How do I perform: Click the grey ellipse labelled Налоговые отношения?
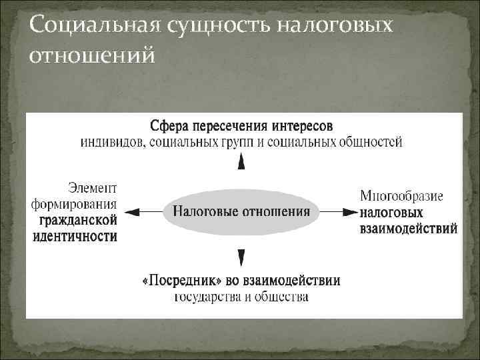coord(241,212)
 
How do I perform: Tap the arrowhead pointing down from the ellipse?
coord(241,258)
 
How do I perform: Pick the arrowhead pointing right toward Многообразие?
coord(350,212)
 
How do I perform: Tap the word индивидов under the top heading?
coord(111,141)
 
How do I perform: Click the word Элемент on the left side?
coord(93,189)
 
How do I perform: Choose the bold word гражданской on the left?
coord(76,220)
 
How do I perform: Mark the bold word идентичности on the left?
coord(74,236)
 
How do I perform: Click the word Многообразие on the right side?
coord(401,197)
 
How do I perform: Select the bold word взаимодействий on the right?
coord(408,229)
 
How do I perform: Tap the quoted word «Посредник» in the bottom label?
coord(175,281)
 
